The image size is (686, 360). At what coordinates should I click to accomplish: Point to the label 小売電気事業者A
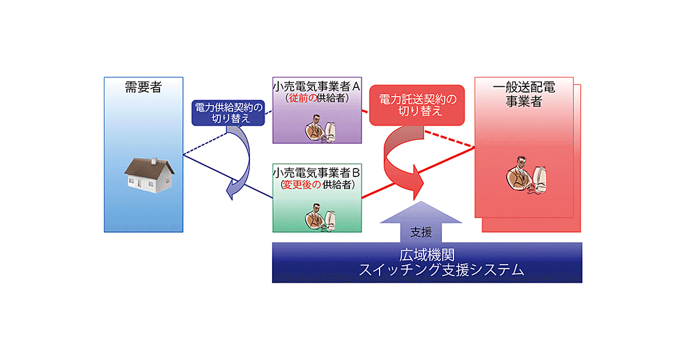[x=317, y=87]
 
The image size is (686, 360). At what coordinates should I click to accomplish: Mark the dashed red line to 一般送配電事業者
[x=452, y=140]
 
